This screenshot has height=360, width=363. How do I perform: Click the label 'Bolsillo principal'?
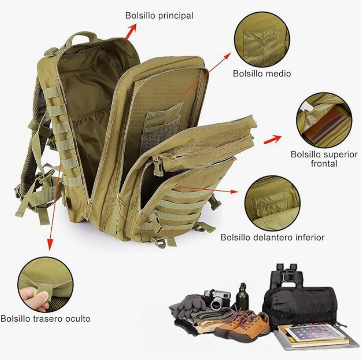[159, 16]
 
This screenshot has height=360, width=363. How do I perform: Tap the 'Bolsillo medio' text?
[262, 73]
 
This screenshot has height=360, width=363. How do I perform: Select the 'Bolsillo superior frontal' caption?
[324, 159]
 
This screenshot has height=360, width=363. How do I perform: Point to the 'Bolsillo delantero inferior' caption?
[272, 237]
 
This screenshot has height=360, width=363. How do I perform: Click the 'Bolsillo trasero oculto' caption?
[46, 319]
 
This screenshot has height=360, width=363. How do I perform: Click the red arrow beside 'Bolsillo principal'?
[131, 31]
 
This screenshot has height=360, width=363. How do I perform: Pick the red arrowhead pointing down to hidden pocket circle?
[50, 244]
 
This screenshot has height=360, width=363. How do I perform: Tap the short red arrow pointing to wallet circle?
[272, 139]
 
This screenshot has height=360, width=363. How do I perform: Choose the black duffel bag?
[299, 307]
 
